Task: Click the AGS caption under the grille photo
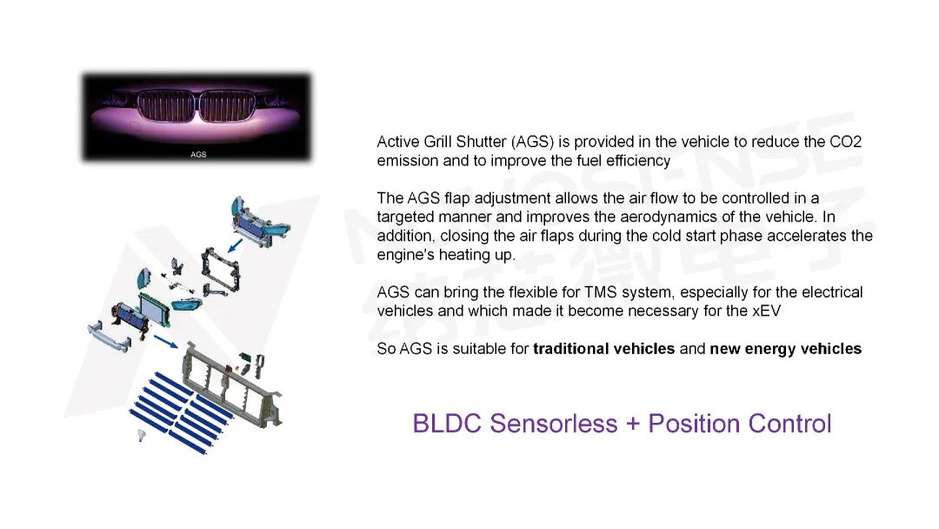tap(198, 155)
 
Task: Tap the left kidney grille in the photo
tap(167, 106)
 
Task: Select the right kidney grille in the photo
tap(228, 106)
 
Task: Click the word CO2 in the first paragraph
tap(845, 142)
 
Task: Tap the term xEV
tap(767, 311)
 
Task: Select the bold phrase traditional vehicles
tap(603, 349)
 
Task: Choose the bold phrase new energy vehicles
tap(786, 349)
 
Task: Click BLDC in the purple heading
tap(448, 424)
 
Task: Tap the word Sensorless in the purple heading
tap(554, 424)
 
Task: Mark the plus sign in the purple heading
tap(632, 425)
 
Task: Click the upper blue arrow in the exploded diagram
tap(236, 245)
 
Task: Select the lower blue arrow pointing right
tap(166, 341)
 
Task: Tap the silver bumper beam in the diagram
tap(109, 338)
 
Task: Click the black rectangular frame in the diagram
tap(221, 269)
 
